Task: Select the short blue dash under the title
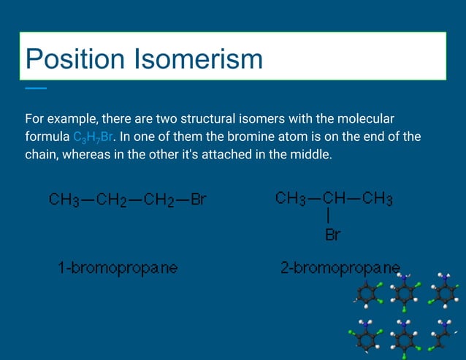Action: (x=35, y=88)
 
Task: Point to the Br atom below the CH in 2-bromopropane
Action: (x=332, y=235)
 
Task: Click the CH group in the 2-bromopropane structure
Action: (x=334, y=199)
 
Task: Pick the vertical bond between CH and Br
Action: (x=330, y=217)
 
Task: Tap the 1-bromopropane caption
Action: (x=118, y=268)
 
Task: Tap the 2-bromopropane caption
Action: (x=340, y=268)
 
